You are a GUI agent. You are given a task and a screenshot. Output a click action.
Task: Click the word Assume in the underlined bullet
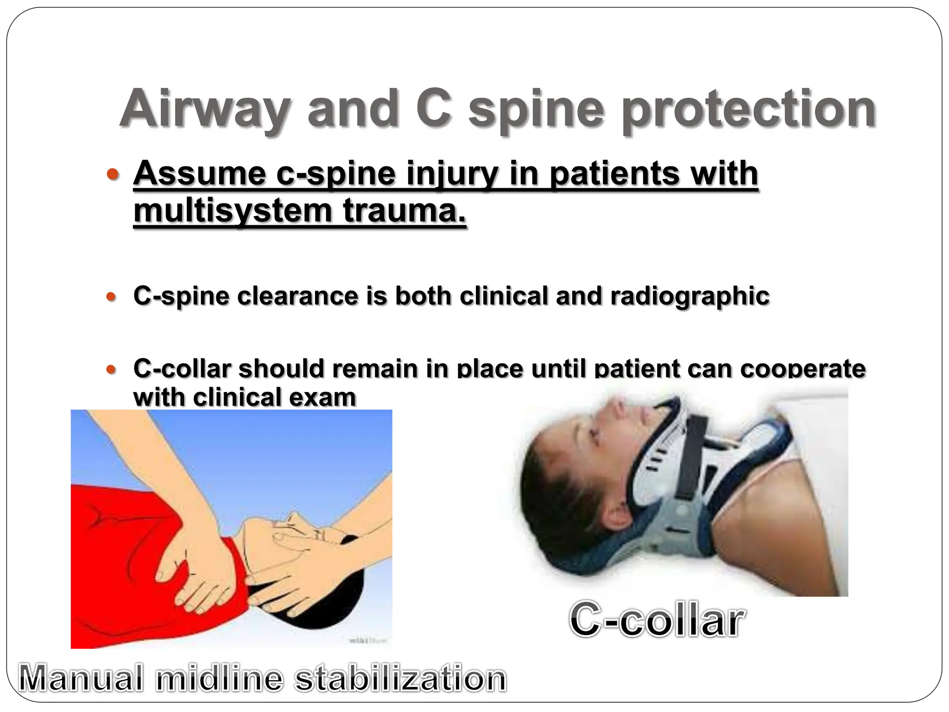[x=199, y=173]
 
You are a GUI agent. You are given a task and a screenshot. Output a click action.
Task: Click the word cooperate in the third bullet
[x=803, y=369]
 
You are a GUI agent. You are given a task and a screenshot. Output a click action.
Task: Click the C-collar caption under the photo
[x=657, y=620]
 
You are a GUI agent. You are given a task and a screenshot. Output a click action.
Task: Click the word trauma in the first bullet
[x=404, y=211]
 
